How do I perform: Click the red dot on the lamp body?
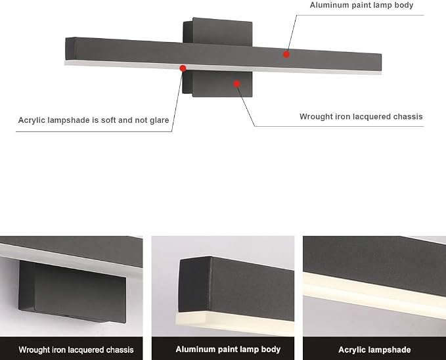[286, 54]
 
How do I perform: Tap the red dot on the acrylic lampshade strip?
[183, 68]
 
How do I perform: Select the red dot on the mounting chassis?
[236, 83]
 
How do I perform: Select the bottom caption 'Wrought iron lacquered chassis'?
[76, 349]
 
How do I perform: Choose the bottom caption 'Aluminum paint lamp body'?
[228, 349]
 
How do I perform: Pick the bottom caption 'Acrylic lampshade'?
[374, 349]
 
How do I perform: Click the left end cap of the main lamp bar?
[71, 49]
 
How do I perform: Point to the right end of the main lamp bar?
[380, 62]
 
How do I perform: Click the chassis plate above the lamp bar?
[217, 32]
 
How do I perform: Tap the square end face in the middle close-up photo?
[195, 284]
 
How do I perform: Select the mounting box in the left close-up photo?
[72, 292]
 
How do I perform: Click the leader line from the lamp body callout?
[292, 34]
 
